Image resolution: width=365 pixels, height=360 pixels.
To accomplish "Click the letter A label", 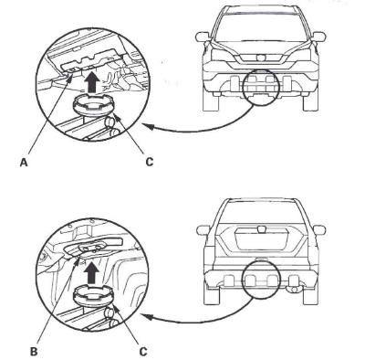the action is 24,163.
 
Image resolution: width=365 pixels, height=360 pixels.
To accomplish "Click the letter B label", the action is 34,352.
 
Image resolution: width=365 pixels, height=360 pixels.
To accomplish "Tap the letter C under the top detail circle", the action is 150,162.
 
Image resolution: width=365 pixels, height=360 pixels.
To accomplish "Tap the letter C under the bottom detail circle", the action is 143,352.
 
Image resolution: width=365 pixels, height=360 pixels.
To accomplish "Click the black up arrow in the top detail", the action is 91,83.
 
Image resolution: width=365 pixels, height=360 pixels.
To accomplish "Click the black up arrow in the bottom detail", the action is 91,273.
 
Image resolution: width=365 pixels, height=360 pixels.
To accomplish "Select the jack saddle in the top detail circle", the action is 93,105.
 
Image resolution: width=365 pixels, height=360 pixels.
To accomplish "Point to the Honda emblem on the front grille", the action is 261,58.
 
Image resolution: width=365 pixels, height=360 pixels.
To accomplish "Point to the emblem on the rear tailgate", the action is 261,228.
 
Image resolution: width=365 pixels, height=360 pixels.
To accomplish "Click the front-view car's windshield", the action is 261,27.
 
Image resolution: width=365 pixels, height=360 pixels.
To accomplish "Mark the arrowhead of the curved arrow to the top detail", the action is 147,126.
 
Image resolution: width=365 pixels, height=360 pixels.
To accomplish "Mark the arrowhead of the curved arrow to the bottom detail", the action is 148,317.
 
